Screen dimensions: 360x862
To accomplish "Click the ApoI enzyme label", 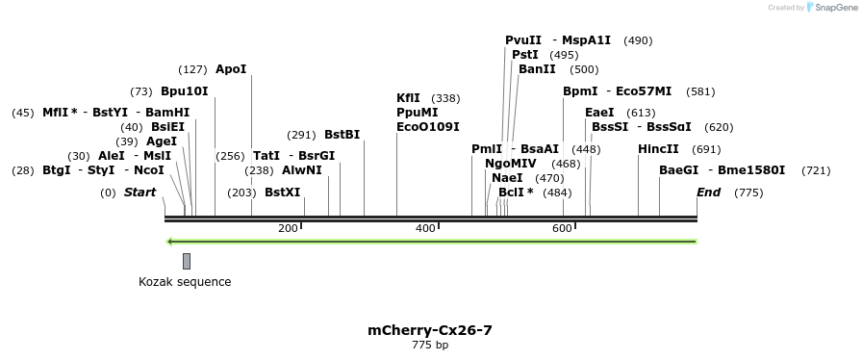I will (231, 69).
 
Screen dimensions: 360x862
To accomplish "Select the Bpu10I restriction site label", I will (184, 91).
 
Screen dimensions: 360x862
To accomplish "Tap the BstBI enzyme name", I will (342, 135).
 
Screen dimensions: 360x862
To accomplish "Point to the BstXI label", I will (282, 193).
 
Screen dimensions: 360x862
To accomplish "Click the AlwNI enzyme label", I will (302, 170).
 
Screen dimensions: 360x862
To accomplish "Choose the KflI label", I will (408, 98).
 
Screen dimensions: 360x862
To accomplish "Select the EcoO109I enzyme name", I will (427, 127).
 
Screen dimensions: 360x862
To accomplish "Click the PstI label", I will (524, 55).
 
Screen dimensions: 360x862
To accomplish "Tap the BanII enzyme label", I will (537, 69).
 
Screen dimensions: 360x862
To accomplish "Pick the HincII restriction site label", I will (658, 149).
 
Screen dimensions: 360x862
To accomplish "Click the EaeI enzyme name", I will (598, 113).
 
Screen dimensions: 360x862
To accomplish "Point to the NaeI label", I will (507, 178).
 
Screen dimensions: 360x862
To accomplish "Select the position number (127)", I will (192, 69).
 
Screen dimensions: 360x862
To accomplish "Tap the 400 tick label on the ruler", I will (425, 228).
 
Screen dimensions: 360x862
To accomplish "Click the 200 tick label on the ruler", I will (288, 228).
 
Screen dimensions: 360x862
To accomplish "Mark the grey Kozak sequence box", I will (187, 261).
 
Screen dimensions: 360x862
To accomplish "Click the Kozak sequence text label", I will (185, 282).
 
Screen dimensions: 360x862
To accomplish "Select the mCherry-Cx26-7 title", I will (430, 330).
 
